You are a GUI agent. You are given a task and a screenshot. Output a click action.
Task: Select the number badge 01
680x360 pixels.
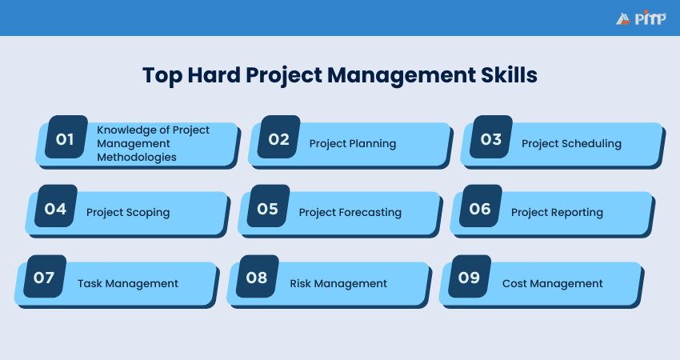click(x=66, y=138)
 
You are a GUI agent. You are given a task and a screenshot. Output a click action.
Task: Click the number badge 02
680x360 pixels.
click(x=278, y=138)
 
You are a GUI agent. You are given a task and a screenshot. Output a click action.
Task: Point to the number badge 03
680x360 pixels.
click(x=491, y=138)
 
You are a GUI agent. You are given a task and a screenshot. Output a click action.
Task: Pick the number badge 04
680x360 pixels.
click(x=55, y=208)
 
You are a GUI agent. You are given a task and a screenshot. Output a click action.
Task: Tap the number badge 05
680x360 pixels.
click(x=268, y=208)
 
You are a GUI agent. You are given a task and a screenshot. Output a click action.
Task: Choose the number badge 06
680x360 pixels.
click(x=480, y=208)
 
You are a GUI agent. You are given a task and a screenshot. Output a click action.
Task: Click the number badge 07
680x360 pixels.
click(x=44, y=278)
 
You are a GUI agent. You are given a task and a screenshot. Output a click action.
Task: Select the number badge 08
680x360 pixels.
click(x=257, y=278)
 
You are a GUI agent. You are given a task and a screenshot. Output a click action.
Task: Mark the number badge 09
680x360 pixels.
click(x=470, y=278)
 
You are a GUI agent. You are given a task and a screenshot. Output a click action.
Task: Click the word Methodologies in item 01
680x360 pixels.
click(x=137, y=158)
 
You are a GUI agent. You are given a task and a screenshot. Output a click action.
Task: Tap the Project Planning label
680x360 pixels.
click(x=353, y=144)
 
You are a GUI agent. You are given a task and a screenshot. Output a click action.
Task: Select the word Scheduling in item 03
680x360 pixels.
click(x=593, y=144)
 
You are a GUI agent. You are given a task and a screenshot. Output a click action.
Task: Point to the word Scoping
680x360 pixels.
click(x=149, y=213)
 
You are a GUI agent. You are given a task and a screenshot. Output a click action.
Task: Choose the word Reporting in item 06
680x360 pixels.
click(x=577, y=213)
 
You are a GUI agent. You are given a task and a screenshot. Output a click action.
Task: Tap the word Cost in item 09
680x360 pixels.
click(x=516, y=283)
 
